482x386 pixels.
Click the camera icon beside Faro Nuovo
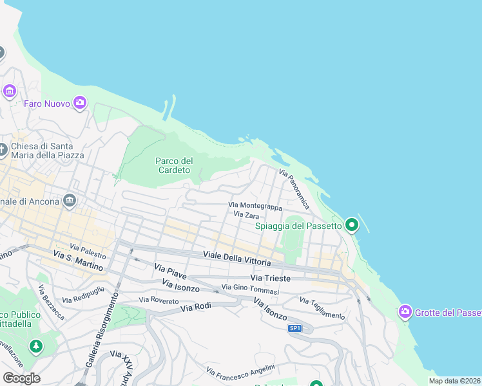(x=80, y=102)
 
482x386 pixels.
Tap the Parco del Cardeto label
(x=174, y=165)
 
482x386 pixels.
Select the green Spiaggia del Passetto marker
(x=351, y=225)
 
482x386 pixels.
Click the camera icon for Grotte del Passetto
(x=405, y=312)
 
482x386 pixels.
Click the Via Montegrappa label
(x=255, y=206)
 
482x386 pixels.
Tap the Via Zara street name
(x=246, y=215)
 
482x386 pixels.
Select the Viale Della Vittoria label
(x=236, y=259)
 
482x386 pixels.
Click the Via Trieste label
(x=271, y=278)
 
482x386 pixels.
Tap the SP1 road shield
(x=294, y=328)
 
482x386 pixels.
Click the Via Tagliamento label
(x=322, y=308)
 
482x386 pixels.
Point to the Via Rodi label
(x=196, y=308)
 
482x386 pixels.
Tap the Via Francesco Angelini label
(x=240, y=370)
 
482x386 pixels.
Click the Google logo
(x=21, y=378)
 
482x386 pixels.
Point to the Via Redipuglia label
(x=81, y=297)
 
